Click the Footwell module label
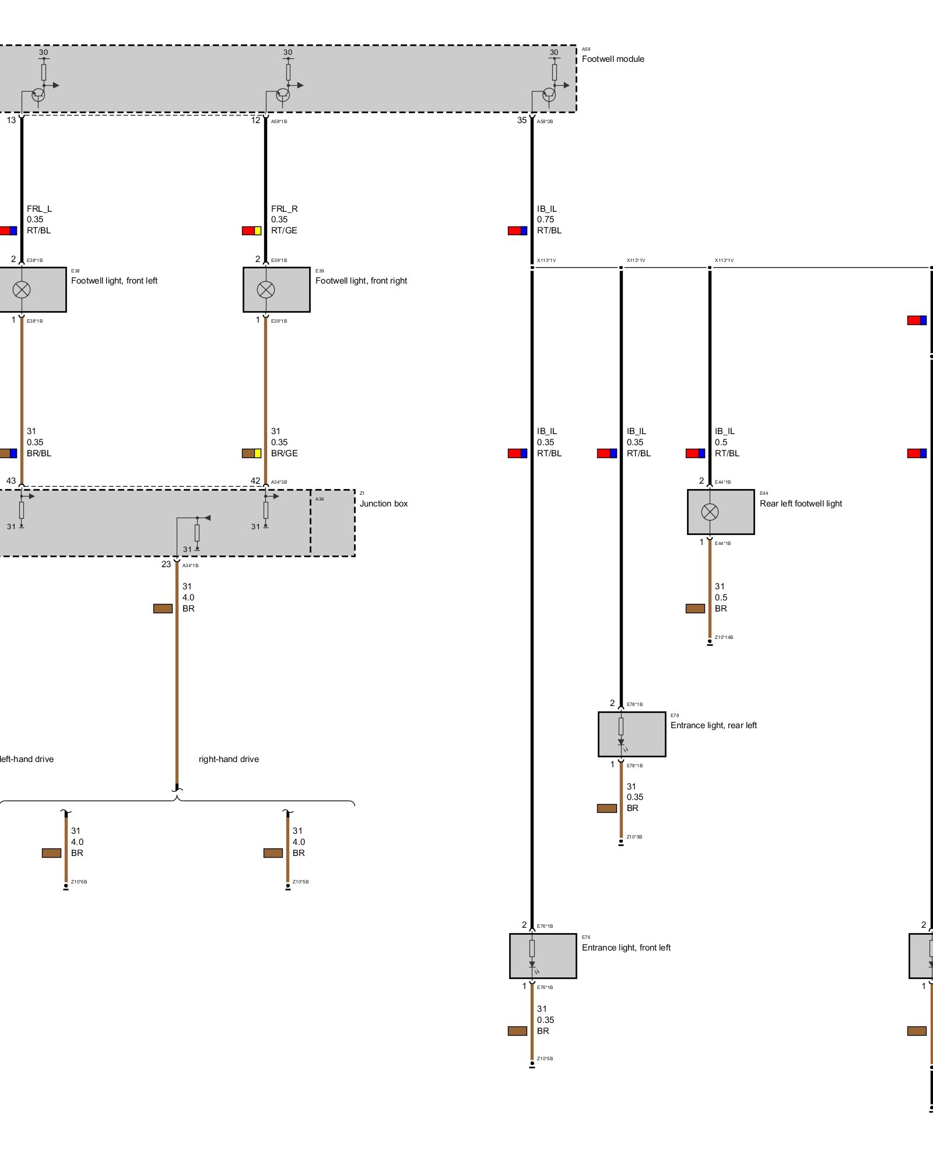coord(613,59)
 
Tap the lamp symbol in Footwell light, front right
coord(266,289)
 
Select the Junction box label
coord(383,504)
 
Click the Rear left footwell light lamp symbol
coord(710,512)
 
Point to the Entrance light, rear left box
coord(632,734)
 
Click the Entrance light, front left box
coord(543,956)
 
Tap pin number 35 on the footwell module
coord(522,120)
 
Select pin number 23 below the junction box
coord(166,564)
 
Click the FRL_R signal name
coord(285,209)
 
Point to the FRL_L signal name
coord(39,209)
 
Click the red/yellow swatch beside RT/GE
coord(252,230)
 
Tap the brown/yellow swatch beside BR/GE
coord(252,453)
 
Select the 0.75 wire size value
coord(546,219)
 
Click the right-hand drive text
coord(229,759)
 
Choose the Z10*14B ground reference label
coord(724,637)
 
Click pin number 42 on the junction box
coord(255,481)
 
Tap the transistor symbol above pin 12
coord(283,95)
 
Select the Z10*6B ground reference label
coord(79,882)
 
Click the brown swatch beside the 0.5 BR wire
coord(695,609)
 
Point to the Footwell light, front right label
coord(361,281)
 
